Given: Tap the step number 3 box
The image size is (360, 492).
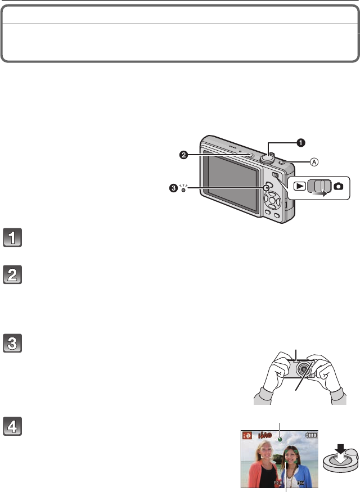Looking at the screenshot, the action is coord(12,343).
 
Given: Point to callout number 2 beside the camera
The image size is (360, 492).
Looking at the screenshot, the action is coord(184,156).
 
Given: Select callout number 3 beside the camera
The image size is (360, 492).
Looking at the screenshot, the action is coord(173,188).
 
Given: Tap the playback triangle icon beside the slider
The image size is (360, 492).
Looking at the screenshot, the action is coord(299,186).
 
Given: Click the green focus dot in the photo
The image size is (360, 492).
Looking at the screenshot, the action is coord(280,435).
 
